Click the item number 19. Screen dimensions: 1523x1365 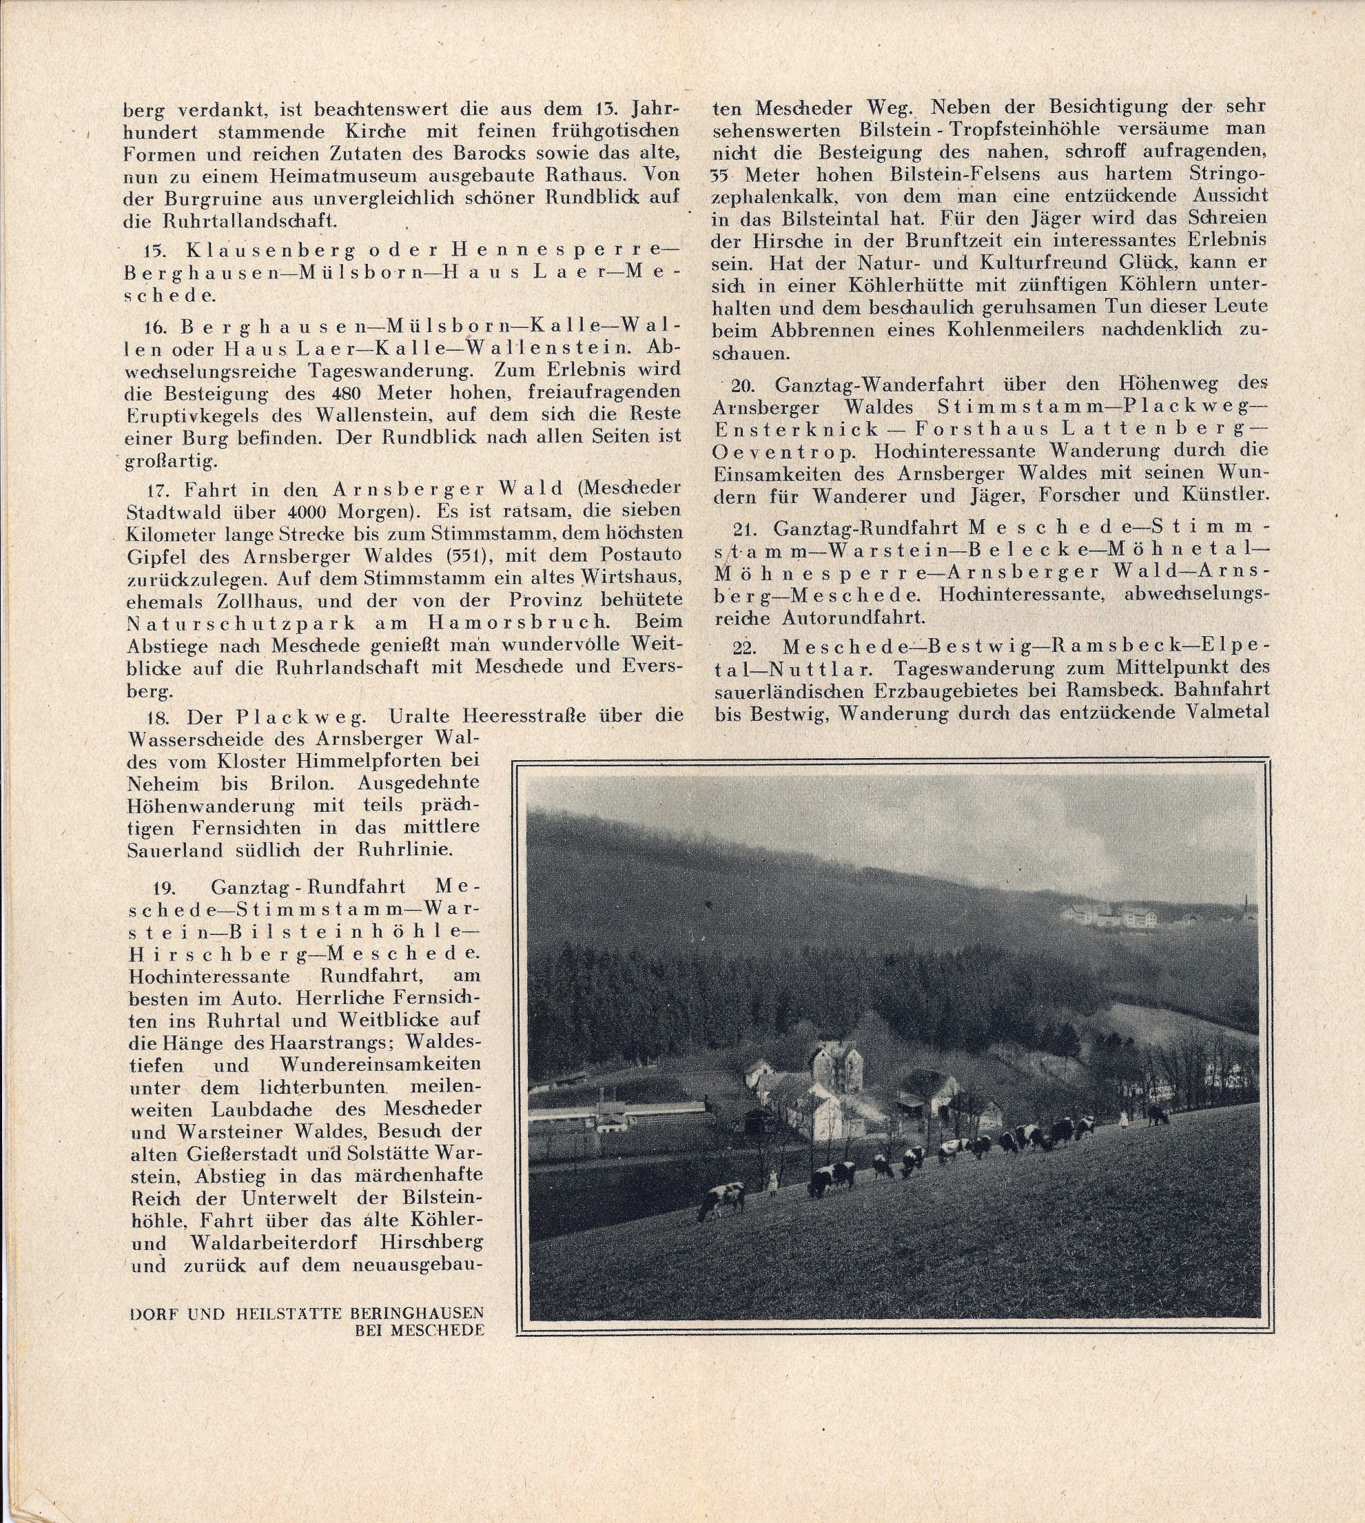tap(163, 888)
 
